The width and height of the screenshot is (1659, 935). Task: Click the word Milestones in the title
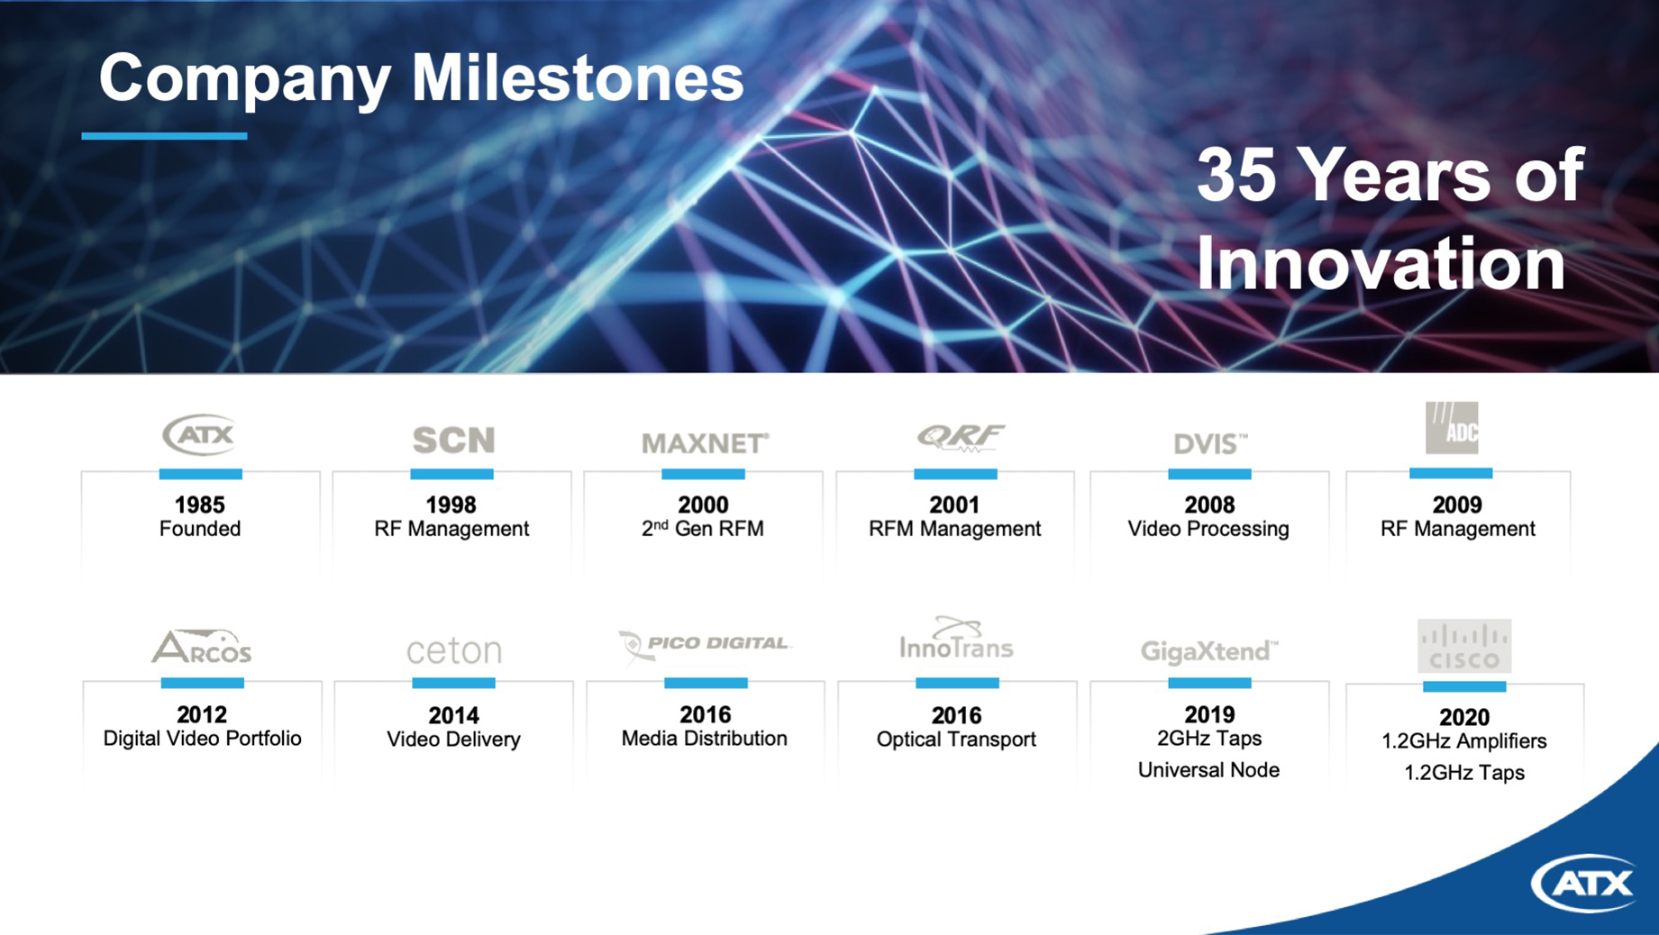pyautogui.click(x=578, y=78)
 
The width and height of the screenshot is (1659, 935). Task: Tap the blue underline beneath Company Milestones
pyautogui.click(x=164, y=136)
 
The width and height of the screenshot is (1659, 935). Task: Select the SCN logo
pyautogui.click(x=453, y=440)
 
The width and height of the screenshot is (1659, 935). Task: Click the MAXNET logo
pyautogui.click(x=705, y=443)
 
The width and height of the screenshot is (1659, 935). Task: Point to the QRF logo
pyautogui.click(x=959, y=437)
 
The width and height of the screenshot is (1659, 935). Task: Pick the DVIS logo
pyautogui.click(x=1210, y=443)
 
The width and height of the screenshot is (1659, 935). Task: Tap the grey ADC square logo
pyautogui.click(x=1452, y=428)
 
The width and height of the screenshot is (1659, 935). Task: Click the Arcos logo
pyautogui.click(x=201, y=646)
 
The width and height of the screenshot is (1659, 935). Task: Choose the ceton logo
pyautogui.click(x=453, y=650)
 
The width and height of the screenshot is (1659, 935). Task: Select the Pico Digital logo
pyautogui.click(x=705, y=645)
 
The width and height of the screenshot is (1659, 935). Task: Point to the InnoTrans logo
pyautogui.click(x=956, y=639)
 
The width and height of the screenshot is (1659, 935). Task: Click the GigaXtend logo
pyautogui.click(x=1209, y=650)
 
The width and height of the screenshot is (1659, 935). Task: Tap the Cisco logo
pyautogui.click(x=1464, y=646)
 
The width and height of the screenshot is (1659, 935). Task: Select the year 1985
pyautogui.click(x=200, y=505)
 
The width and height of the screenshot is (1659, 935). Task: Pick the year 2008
pyautogui.click(x=1209, y=505)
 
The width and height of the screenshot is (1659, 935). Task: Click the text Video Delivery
pyautogui.click(x=453, y=740)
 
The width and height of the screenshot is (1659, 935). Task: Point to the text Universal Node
pyautogui.click(x=1208, y=770)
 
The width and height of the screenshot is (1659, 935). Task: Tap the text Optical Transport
pyautogui.click(x=956, y=740)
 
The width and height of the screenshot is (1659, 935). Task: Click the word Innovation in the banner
pyautogui.click(x=1381, y=263)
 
